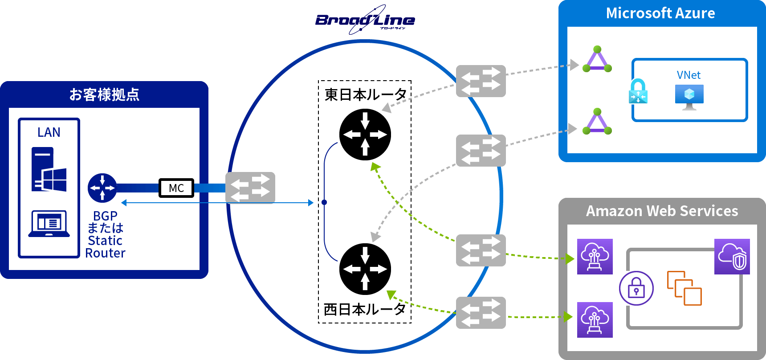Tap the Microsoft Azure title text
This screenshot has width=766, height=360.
pyautogui.click(x=660, y=13)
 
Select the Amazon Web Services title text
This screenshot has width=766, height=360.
pyautogui.click(x=662, y=211)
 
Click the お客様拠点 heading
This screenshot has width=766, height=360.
pyautogui.click(x=104, y=94)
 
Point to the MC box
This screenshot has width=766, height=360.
pyautogui.click(x=176, y=188)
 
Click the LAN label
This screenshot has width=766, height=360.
pyautogui.click(x=49, y=132)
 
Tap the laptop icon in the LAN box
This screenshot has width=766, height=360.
pyautogui.click(x=49, y=224)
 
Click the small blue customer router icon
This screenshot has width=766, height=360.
pyautogui.click(x=102, y=188)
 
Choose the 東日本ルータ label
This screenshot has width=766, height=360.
pyautogui.click(x=365, y=94)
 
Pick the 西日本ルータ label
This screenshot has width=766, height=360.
pyautogui.click(x=364, y=309)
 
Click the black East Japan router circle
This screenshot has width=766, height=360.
pyautogui.click(x=365, y=135)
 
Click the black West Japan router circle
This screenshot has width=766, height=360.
pyautogui.click(x=365, y=269)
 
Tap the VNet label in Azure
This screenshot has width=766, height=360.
pyautogui.click(x=689, y=75)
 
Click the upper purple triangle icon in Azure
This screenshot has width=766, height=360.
pyautogui.click(x=597, y=60)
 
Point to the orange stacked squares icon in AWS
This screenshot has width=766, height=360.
pyautogui.click(x=684, y=288)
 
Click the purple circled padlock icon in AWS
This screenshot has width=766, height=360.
pyautogui.click(x=636, y=288)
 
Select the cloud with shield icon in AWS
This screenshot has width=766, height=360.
pyautogui.click(x=732, y=257)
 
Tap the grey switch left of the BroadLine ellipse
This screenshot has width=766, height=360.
pyautogui.click(x=250, y=188)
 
